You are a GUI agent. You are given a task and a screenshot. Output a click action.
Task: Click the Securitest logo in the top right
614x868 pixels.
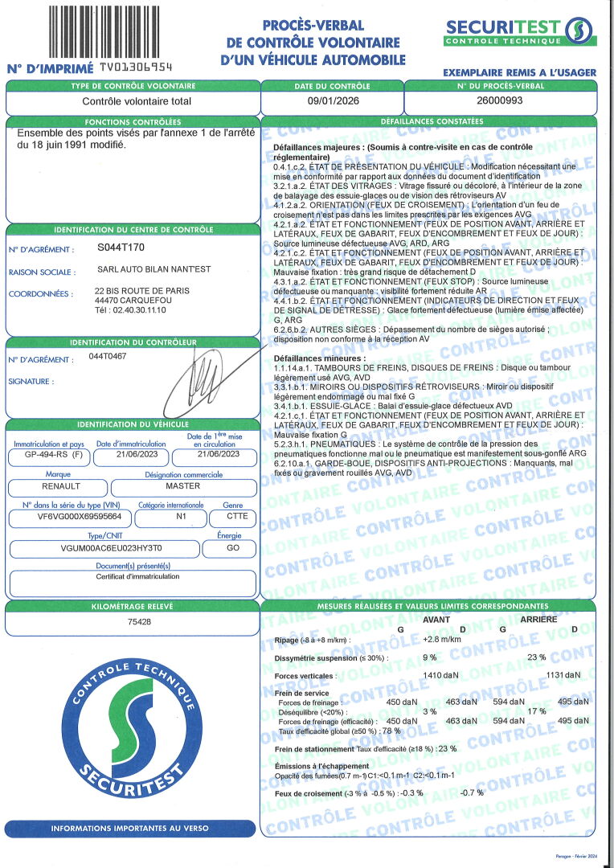click(x=519, y=31)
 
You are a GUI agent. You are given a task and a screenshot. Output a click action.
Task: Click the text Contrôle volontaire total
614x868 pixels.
click(x=137, y=102)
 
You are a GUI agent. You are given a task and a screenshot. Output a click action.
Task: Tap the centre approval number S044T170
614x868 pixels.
click(x=121, y=249)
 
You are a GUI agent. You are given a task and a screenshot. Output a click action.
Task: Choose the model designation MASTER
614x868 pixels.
click(x=182, y=486)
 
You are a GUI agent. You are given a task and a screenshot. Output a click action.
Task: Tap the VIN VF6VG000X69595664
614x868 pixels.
click(x=69, y=518)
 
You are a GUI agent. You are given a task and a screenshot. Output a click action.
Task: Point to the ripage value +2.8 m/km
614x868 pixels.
click(x=442, y=639)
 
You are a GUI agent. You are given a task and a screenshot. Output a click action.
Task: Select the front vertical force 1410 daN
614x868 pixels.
click(x=441, y=675)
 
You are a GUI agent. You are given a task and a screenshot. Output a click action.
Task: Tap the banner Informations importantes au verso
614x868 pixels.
click(x=131, y=828)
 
